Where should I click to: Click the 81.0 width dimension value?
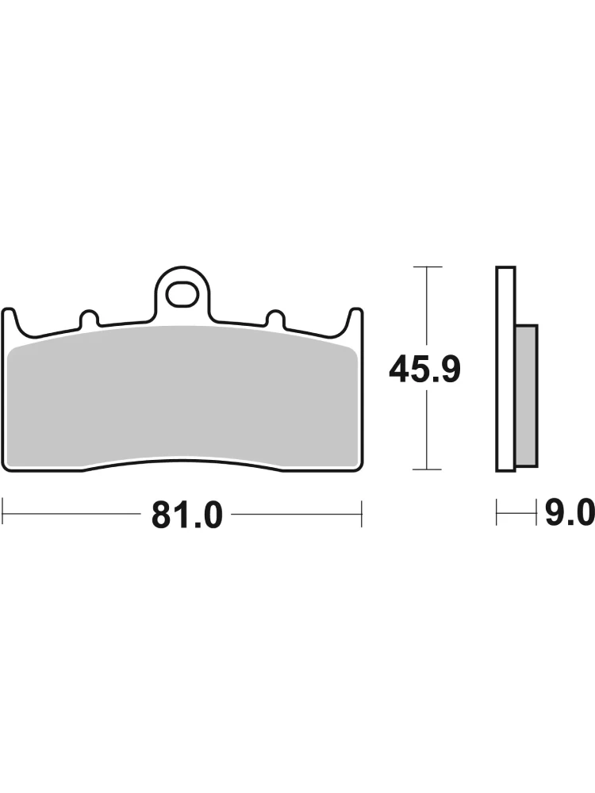187,515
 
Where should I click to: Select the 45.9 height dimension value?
425,370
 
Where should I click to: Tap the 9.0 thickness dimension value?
569,513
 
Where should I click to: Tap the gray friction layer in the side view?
526,396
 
